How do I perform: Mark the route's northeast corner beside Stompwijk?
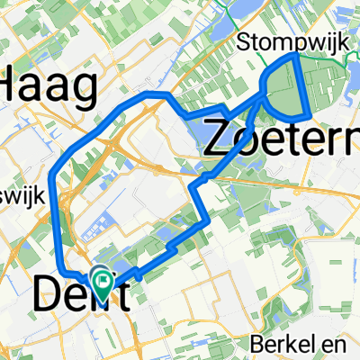point(296,55)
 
